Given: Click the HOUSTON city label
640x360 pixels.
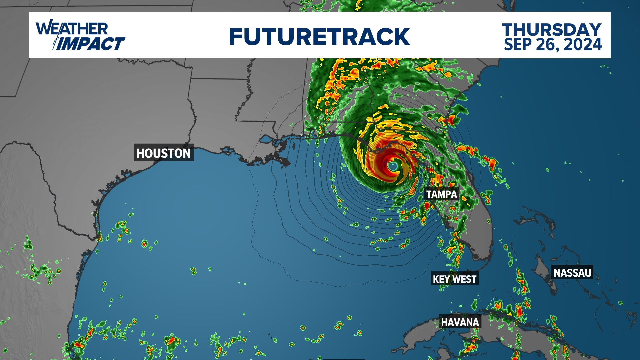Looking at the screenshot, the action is (163, 153).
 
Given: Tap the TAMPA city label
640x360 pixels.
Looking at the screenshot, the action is (442, 194).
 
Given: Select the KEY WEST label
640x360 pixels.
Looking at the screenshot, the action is (455, 279).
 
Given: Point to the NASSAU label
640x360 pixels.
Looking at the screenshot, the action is (572, 273).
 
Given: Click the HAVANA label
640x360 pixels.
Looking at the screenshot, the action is (460, 322).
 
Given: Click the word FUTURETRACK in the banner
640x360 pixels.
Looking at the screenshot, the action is (319, 37).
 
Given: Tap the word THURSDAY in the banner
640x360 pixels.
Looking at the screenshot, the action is (552, 30).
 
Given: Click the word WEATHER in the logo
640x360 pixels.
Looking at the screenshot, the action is (72, 29).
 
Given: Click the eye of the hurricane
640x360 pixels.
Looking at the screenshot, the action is (393, 165).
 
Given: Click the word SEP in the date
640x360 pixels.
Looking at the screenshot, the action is (518, 44).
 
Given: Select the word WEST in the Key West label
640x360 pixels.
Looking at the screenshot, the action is (464, 279).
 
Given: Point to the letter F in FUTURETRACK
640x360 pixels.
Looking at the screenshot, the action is (236, 37).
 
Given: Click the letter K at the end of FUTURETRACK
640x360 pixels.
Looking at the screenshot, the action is (402, 37).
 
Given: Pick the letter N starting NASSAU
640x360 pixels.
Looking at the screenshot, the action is (557, 273).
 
